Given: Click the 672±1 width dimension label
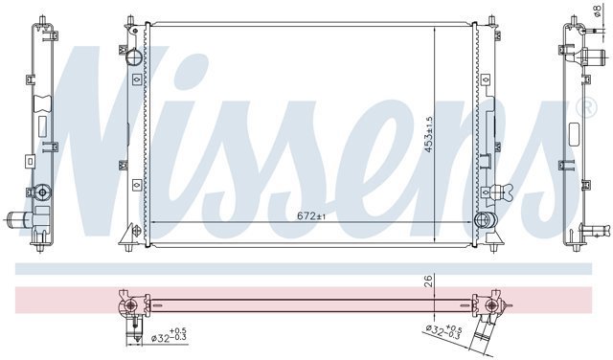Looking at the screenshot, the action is coord(311,215).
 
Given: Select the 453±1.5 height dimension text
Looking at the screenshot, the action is coord(429,134).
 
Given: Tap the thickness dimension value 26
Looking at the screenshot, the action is coord(429,281).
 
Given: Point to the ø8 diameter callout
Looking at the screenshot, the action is coord(597,11).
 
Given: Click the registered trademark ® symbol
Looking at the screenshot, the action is coord(589,106).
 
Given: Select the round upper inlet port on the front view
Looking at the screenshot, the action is coord(134,57).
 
